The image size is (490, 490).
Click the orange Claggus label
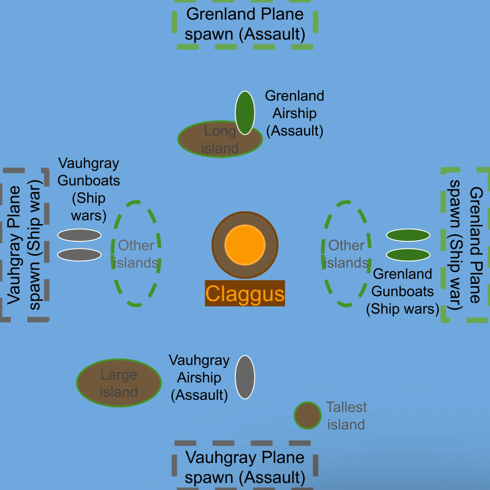(245, 293)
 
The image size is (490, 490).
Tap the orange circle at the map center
(245, 245)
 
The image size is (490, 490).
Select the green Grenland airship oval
(245, 113)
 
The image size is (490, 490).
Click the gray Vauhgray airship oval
(245, 377)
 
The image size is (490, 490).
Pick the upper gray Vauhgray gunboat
(79, 235)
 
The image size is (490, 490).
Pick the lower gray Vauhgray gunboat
(79, 255)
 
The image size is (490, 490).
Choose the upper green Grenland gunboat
(408, 235)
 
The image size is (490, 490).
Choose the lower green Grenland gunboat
(408, 255)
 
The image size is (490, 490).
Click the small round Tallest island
(308, 416)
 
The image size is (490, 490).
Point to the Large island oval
(119, 383)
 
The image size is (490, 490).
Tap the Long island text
(220, 140)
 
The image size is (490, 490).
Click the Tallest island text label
(346, 416)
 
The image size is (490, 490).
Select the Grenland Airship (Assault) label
(295, 113)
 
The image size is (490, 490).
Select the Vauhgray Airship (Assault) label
(199, 377)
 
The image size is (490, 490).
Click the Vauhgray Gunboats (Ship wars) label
(89, 189)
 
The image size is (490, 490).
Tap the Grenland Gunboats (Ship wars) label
(403, 291)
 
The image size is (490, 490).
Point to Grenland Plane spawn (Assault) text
(245, 24)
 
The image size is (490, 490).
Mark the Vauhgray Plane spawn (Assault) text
(245, 467)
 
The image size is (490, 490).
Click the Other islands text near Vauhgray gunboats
(136, 254)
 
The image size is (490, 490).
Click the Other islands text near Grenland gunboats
(346, 254)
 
